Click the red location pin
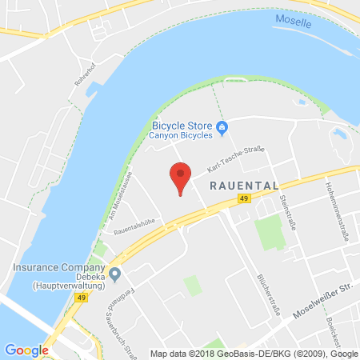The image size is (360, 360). pyautogui.click(x=181, y=175)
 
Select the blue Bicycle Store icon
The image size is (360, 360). pyautogui.click(x=223, y=125)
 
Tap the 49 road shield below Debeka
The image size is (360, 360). pyautogui.click(x=82, y=298)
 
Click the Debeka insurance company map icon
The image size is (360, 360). pyautogui.click(x=115, y=275)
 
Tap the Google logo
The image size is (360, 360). pyautogui.click(x=26, y=349)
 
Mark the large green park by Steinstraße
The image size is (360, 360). pyautogui.click(x=269, y=231)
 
